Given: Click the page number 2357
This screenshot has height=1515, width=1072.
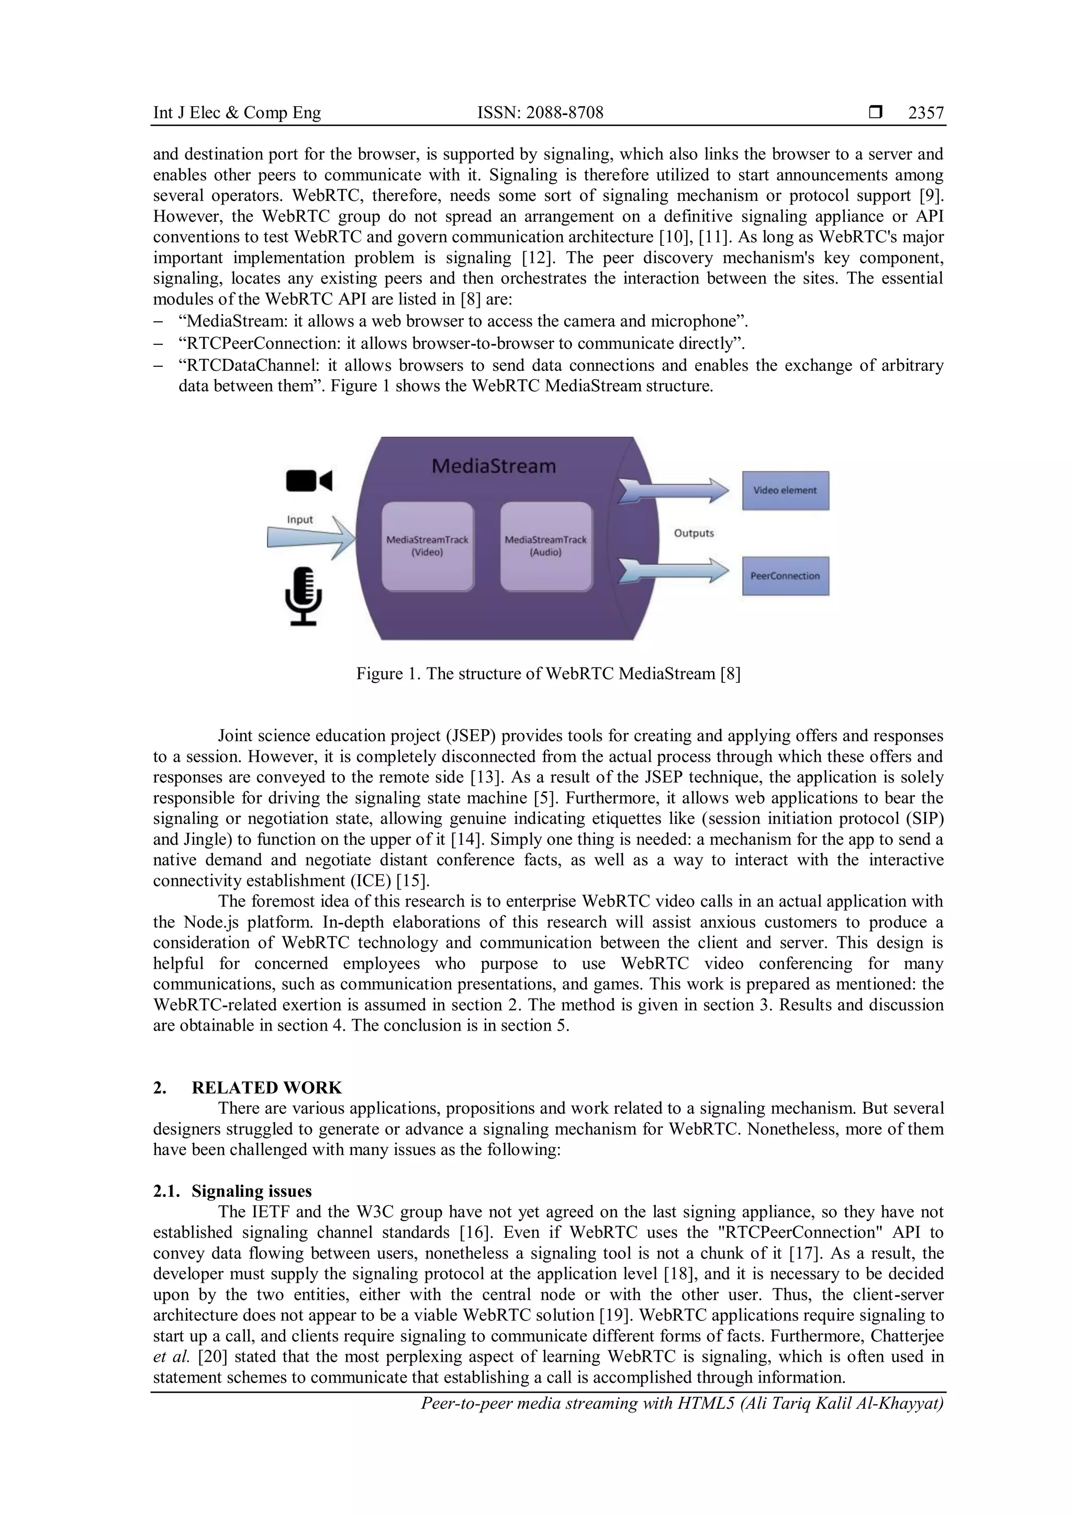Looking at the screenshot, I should point(925,113).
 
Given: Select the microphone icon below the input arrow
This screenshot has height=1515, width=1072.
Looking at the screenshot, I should point(304,595).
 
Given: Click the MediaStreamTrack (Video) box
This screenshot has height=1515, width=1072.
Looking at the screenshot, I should point(427,546).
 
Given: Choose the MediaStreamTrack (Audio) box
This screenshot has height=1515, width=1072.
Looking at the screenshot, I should point(546,546).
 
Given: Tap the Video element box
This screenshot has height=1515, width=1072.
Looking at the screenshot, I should point(785,490).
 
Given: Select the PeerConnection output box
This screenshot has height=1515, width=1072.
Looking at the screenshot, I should point(785,576).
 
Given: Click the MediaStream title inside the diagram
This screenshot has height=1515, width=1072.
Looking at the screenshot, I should point(494,466).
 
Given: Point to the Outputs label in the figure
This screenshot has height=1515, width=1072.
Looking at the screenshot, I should point(694,533).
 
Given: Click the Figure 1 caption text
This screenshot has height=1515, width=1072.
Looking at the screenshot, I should point(548,674).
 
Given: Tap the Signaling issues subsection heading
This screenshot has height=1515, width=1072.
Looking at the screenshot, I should point(251,1191).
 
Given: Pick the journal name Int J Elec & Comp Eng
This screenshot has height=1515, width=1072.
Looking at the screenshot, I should point(237,113).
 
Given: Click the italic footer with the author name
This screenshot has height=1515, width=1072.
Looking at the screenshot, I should point(682,1404).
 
